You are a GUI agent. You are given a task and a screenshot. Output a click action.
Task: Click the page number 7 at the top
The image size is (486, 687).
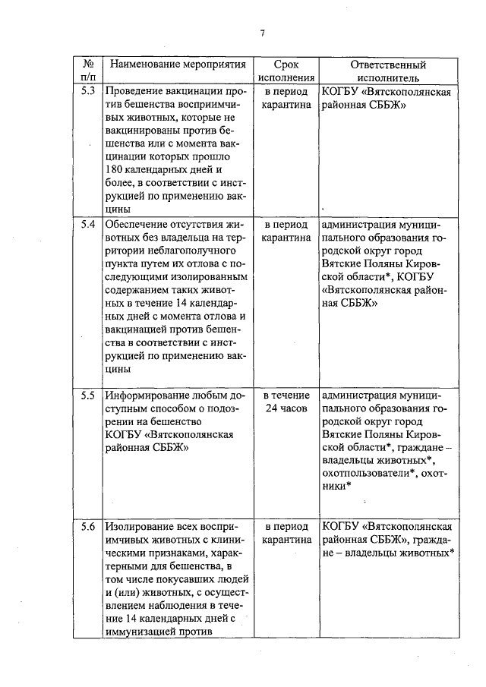tap(261, 33)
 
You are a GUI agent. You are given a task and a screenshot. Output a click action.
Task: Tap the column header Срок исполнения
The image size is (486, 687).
tap(286, 71)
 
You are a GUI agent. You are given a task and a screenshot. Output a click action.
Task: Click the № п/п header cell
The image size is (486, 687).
tap(88, 71)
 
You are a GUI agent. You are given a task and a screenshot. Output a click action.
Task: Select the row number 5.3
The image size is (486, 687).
tap(88, 92)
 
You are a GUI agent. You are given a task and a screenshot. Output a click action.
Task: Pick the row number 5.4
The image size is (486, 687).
tap(88, 225)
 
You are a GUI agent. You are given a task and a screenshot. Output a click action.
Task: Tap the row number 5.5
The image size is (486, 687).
tap(88, 395)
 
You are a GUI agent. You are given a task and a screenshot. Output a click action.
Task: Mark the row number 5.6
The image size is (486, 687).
tap(88, 525)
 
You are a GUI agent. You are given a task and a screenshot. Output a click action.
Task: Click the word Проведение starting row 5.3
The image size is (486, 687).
tap(137, 92)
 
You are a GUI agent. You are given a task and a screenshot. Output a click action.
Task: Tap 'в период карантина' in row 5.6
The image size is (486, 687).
tap(286, 532)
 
